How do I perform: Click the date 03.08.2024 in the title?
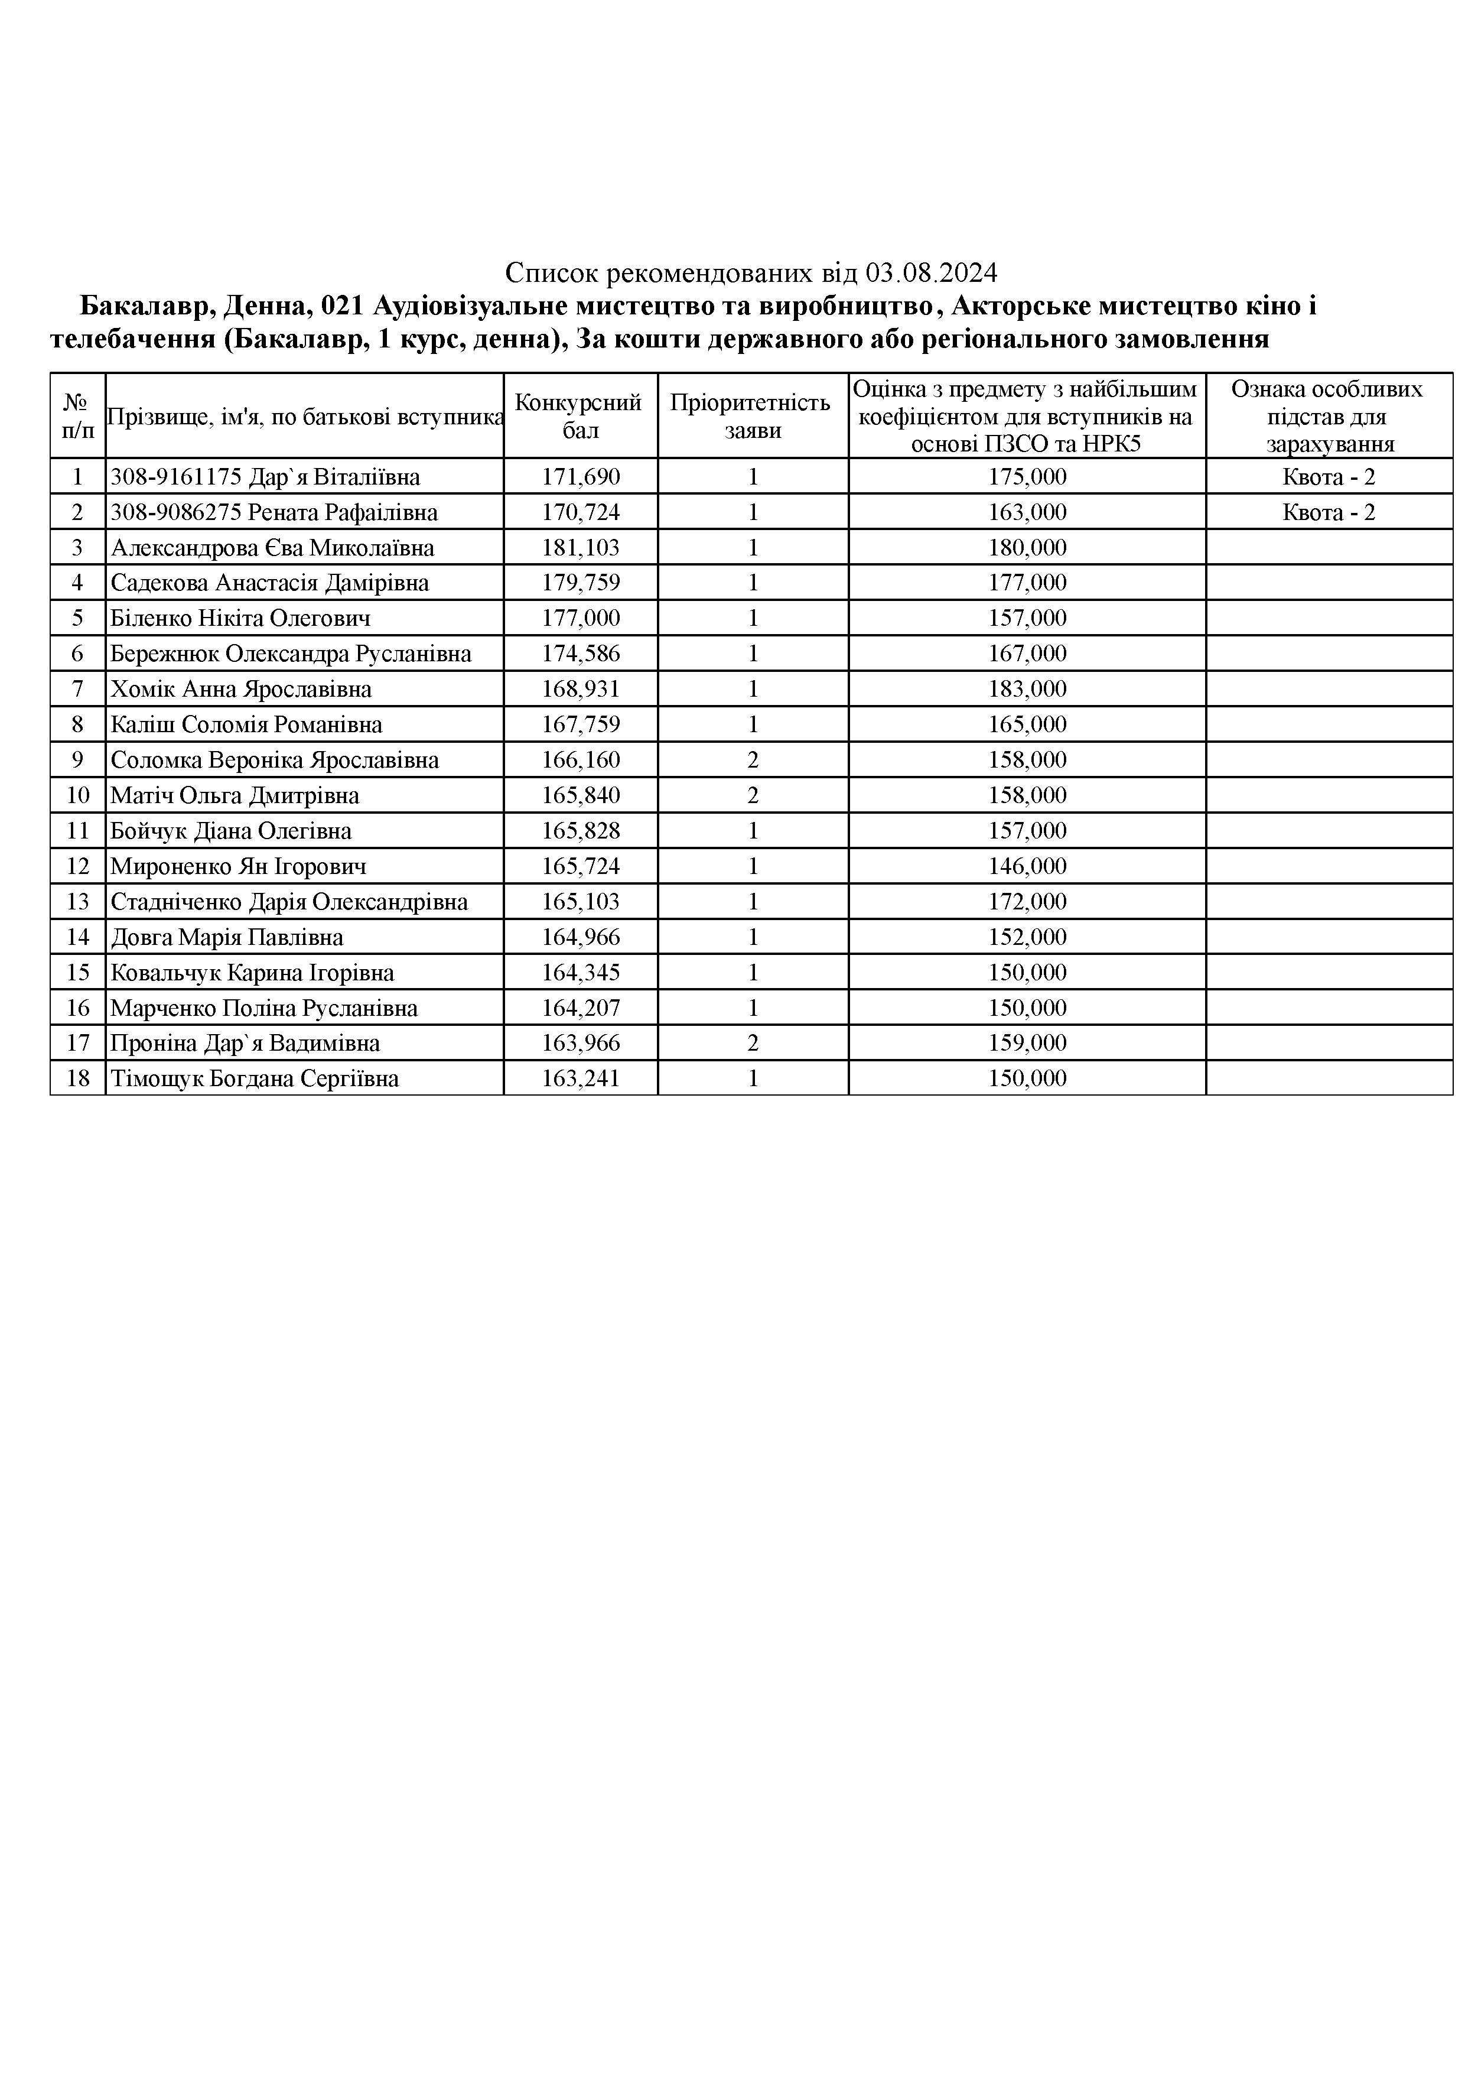[x=932, y=272]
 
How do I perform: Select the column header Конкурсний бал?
[x=580, y=416]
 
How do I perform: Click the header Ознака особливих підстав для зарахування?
[x=1328, y=416]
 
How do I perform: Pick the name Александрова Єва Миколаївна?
[x=272, y=548]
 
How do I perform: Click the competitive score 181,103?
[x=581, y=548]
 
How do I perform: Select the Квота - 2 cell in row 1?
[x=1328, y=477]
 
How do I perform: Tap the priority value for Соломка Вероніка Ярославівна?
[x=753, y=760]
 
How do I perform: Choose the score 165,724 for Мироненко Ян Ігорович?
[x=581, y=867]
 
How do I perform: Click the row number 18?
[x=77, y=1079]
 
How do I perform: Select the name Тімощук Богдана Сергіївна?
[x=255, y=1079]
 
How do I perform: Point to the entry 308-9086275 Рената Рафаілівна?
[x=274, y=513]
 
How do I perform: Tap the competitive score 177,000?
[x=581, y=619]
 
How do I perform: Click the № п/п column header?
[x=77, y=416]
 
